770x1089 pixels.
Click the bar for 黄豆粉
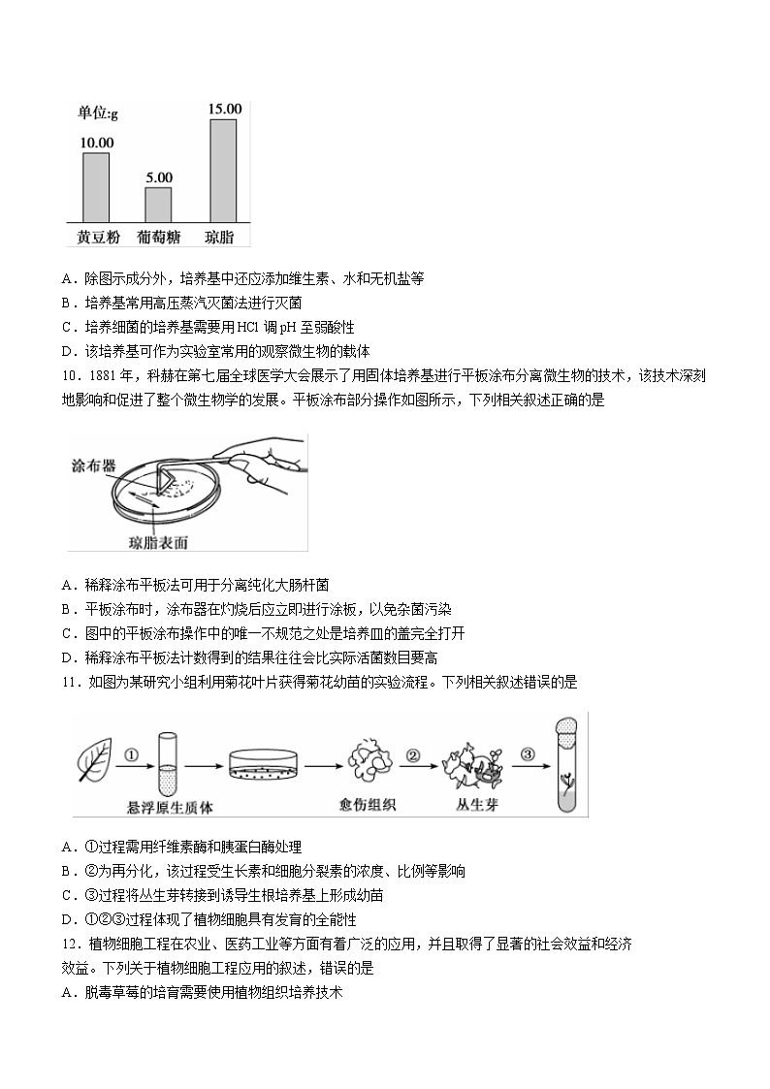(95, 187)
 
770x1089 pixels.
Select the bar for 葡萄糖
(158, 205)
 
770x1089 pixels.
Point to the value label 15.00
(224, 109)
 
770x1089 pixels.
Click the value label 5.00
(158, 177)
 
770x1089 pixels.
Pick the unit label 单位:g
(98, 114)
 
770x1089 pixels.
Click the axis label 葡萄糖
(158, 237)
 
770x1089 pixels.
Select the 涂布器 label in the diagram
(94, 465)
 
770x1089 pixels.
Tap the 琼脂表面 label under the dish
(158, 542)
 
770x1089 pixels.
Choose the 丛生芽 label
(476, 805)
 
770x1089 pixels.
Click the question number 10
(69, 375)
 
